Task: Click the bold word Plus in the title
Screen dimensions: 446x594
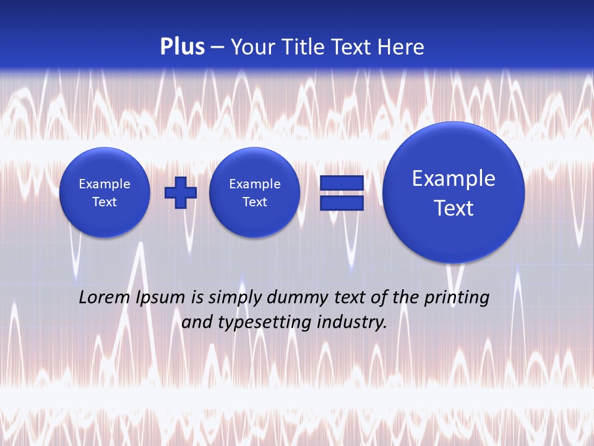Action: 182,47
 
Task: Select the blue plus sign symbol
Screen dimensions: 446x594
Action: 181,193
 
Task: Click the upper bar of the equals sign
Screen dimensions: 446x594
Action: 342,183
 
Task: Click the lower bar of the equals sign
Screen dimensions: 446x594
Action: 342,203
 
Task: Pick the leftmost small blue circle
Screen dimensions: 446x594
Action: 105,193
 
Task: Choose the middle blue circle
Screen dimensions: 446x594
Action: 255,193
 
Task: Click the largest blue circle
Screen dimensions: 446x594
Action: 454,193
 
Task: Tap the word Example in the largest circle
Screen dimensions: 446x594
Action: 454,178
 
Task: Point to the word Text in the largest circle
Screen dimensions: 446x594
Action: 454,208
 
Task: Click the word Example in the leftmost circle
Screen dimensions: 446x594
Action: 105,184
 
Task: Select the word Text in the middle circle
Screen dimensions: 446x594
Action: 255,202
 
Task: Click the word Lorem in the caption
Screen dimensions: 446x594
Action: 105,298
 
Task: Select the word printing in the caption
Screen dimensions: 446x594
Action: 458,298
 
